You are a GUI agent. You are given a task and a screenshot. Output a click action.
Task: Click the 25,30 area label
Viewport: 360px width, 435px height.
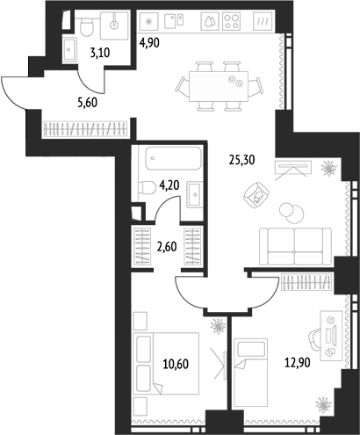(242, 160)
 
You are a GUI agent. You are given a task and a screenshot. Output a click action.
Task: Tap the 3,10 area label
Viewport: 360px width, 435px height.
(100, 53)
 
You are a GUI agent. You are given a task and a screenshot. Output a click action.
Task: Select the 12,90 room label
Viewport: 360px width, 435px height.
(298, 363)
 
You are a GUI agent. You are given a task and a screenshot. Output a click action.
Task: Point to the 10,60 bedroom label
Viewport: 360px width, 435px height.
(176, 365)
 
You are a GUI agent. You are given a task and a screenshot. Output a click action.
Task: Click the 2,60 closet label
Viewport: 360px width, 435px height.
(167, 247)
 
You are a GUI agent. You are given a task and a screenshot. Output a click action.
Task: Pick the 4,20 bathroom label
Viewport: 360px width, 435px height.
(169, 185)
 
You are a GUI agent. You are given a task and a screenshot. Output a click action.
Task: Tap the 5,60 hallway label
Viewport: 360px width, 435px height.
(87, 103)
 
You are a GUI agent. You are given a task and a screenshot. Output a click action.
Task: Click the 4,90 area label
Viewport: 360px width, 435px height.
(149, 43)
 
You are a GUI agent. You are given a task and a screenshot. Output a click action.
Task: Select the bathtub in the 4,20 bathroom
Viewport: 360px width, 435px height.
(174, 158)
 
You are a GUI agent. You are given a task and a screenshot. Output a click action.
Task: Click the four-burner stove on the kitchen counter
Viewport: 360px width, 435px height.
(231, 21)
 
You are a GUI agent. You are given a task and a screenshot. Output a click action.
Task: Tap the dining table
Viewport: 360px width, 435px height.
(219, 86)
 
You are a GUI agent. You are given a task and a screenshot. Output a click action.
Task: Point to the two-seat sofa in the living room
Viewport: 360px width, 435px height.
(296, 246)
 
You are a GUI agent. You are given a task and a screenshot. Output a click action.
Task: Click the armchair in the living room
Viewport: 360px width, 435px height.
(256, 195)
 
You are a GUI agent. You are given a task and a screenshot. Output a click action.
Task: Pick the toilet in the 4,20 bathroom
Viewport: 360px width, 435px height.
(148, 187)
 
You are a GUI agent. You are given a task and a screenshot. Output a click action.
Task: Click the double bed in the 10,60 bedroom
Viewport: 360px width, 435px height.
(166, 363)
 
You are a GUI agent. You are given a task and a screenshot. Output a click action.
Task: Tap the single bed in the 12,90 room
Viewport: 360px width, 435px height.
(251, 373)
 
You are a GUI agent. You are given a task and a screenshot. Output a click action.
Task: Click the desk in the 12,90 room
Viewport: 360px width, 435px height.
(331, 336)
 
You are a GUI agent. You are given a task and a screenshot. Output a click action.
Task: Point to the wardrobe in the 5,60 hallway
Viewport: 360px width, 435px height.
(85, 129)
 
